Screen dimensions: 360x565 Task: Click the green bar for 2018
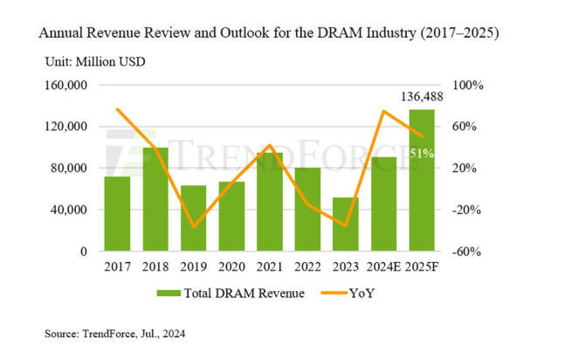click(155, 199)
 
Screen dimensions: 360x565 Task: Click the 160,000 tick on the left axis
click(67, 86)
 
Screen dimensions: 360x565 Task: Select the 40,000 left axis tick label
click(71, 210)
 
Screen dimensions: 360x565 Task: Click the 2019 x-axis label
click(194, 267)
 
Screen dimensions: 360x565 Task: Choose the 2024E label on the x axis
click(384, 267)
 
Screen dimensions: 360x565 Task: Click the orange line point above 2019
click(194, 226)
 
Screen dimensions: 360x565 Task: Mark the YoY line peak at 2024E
click(384, 111)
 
